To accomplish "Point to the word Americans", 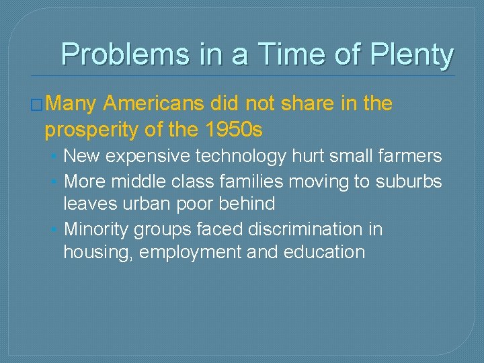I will coord(154,104).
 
